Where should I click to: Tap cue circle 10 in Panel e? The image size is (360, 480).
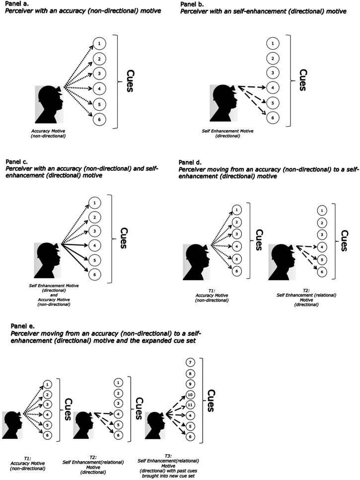click(x=190, y=394)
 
